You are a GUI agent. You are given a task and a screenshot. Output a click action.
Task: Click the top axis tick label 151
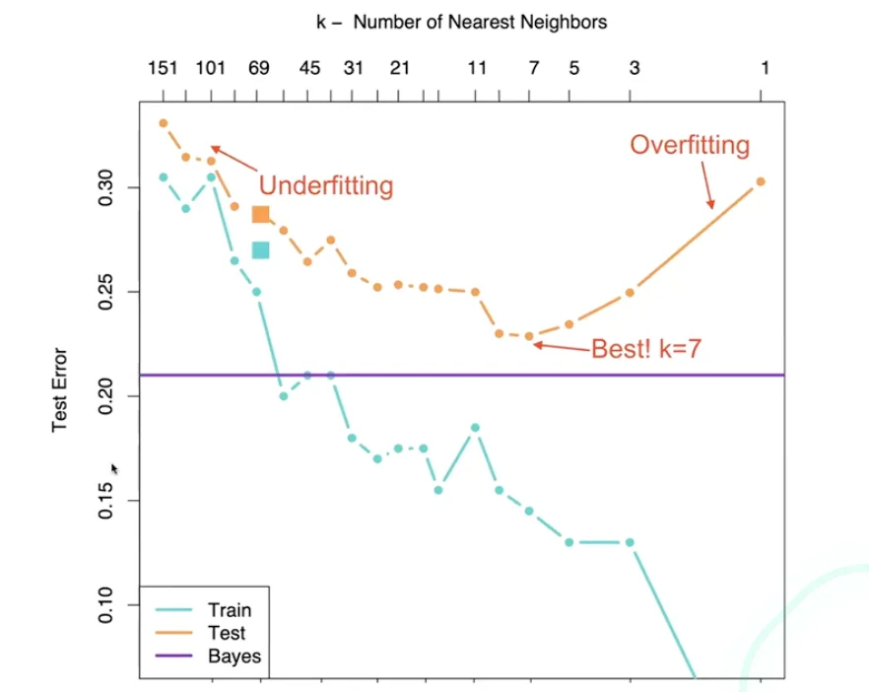coord(163,68)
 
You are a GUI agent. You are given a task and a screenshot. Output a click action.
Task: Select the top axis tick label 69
coord(259,68)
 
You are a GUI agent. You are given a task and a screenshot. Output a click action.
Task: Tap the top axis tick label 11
coord(477,68)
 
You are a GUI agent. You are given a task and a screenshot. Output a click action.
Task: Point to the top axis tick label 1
coord(764,68)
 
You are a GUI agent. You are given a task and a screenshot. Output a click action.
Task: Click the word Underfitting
coord(326,185)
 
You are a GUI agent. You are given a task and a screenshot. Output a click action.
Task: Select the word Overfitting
coord(690,146)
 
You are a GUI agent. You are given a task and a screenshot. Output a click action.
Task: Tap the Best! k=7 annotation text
coord(645,349)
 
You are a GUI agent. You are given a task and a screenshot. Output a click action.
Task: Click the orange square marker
coord(260,214)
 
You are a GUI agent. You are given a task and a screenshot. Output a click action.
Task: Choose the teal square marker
coord(260,250)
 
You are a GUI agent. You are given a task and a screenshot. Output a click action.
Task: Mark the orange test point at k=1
coord(761,181)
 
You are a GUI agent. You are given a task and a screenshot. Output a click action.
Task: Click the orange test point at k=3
coord(631,293)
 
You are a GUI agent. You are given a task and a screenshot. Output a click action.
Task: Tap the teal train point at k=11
coord(476,427)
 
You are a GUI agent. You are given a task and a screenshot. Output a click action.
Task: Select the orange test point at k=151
coord(164,123)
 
